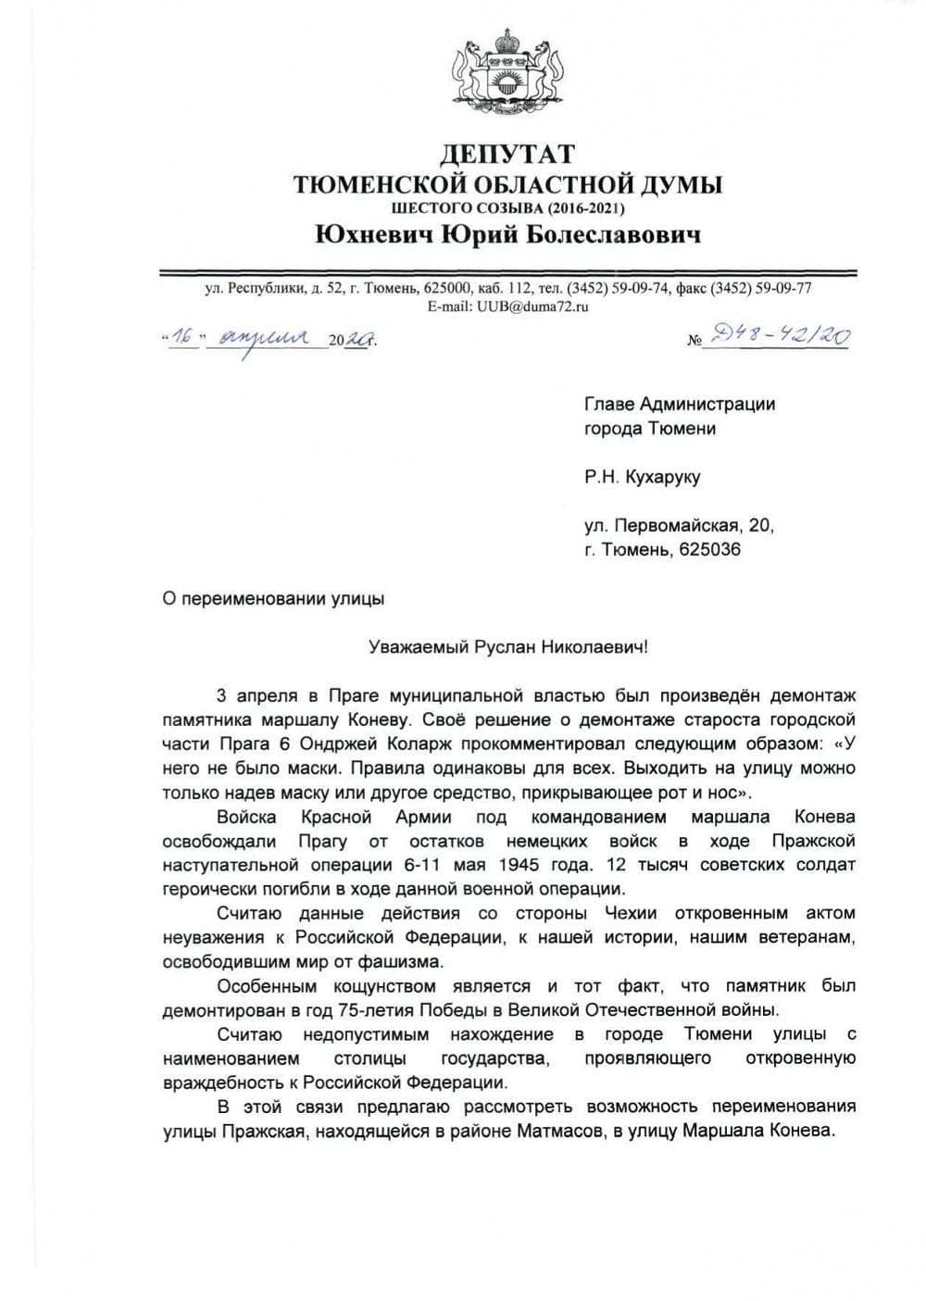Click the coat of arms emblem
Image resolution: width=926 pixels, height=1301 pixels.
tap(507, 71)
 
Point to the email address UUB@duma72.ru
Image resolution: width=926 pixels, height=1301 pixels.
tap(532, 306)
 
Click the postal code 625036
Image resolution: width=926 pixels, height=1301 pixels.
tap(709, 550)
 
